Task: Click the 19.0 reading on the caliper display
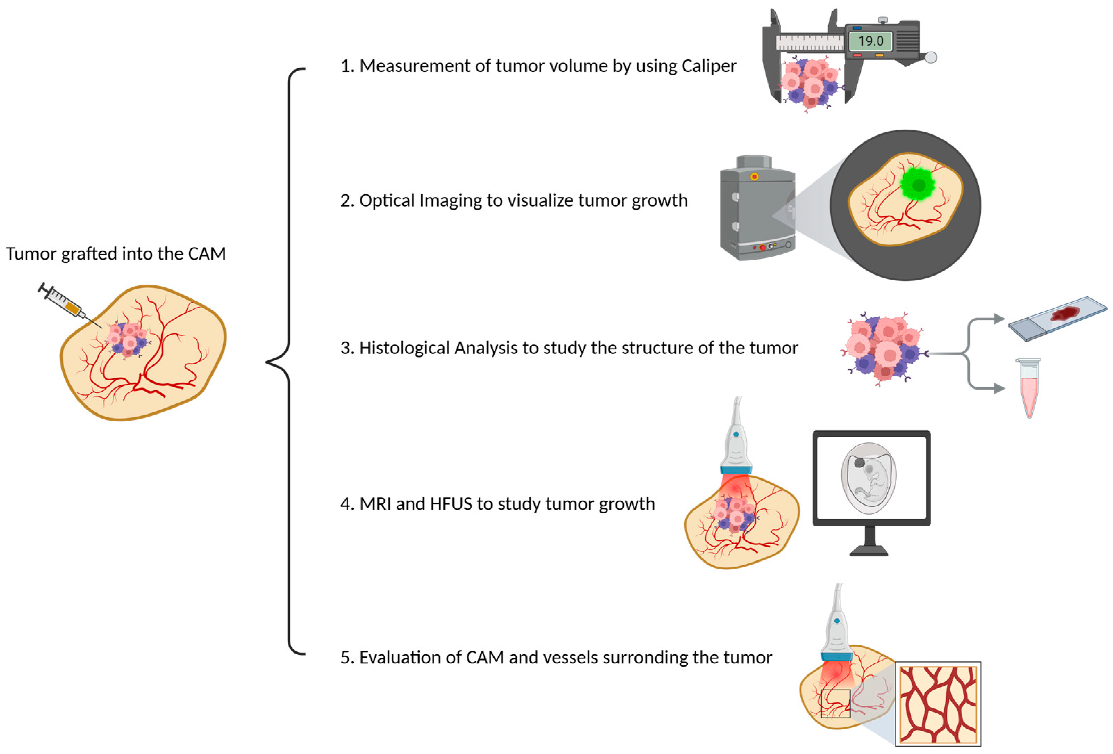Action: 870,41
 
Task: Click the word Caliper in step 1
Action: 709,66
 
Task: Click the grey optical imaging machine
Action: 757,211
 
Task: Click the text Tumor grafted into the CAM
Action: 115,254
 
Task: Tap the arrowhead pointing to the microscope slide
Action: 999,319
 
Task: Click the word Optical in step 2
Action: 387,201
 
